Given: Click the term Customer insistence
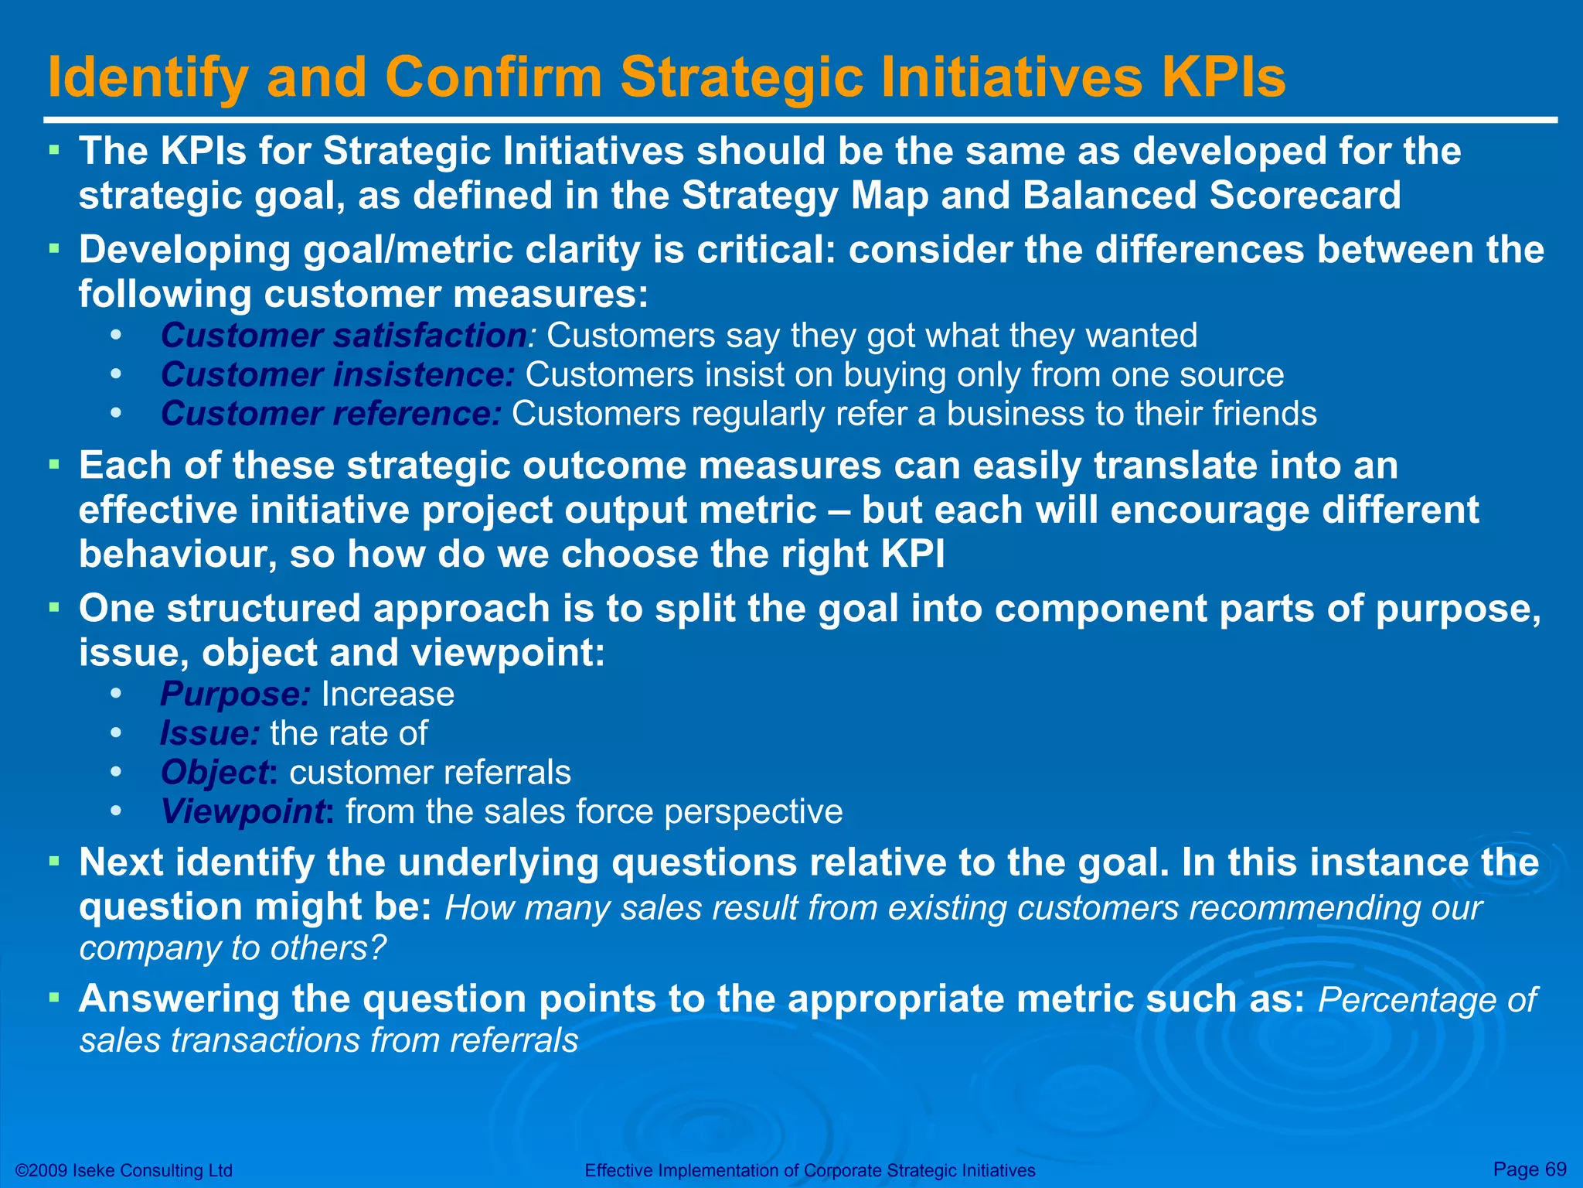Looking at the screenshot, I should [x=337, y=375].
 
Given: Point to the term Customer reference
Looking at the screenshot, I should [x=331, y=414].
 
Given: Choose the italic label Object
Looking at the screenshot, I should [x=214, y=773].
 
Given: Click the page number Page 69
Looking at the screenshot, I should [x=1529, y=1169].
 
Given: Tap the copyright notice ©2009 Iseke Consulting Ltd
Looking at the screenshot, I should [x=124, y=1170].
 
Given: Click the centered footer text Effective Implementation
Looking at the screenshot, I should [x=809, y=1170].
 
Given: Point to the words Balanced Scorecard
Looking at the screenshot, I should [x=1211, y=195].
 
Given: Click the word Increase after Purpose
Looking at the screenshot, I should [x=387, y=694].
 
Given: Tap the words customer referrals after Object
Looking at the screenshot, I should [x=430, y=773].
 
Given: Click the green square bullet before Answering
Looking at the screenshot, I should [x=54, y=997].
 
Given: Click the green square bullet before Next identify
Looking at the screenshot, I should [x=54, y=860].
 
